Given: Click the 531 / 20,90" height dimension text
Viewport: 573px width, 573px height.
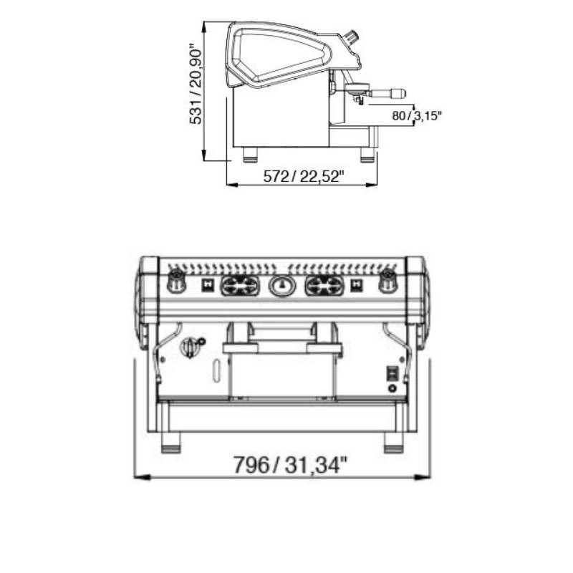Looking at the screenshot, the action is click(196, 85).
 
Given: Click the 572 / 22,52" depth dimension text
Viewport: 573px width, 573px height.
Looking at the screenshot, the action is click(304, 177).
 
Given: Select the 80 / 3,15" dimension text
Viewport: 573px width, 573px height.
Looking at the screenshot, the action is click(417, 116).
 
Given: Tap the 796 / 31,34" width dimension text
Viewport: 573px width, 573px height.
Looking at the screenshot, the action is click(290, 465).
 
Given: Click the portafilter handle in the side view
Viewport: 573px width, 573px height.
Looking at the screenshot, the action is click(387, 92).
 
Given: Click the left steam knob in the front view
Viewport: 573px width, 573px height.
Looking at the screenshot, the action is click(176, 281).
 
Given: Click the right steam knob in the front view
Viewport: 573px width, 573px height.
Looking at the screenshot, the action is click(387, 281).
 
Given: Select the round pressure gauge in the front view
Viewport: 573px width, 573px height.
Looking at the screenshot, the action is click(281, 285).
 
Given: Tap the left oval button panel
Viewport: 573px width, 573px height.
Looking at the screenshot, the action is click(240, 285).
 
